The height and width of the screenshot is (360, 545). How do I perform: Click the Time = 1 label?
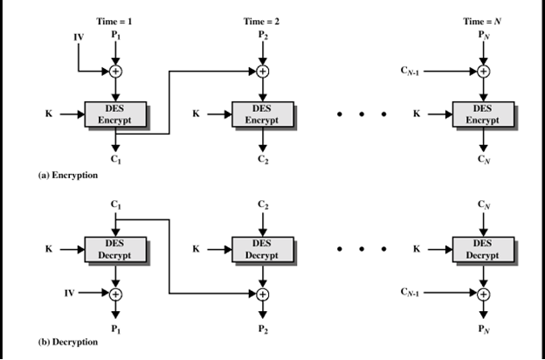point(114,18)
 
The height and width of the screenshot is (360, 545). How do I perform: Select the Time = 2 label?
point(262,18)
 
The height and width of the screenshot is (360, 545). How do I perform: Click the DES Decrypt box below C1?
point(114,248)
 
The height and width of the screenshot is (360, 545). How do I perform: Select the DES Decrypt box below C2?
point(262,248)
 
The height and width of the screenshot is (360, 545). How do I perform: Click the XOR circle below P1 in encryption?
point(114,71)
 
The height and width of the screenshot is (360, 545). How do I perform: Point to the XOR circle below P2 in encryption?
point(262,71)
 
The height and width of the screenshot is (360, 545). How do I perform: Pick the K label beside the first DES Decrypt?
point(50,248)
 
